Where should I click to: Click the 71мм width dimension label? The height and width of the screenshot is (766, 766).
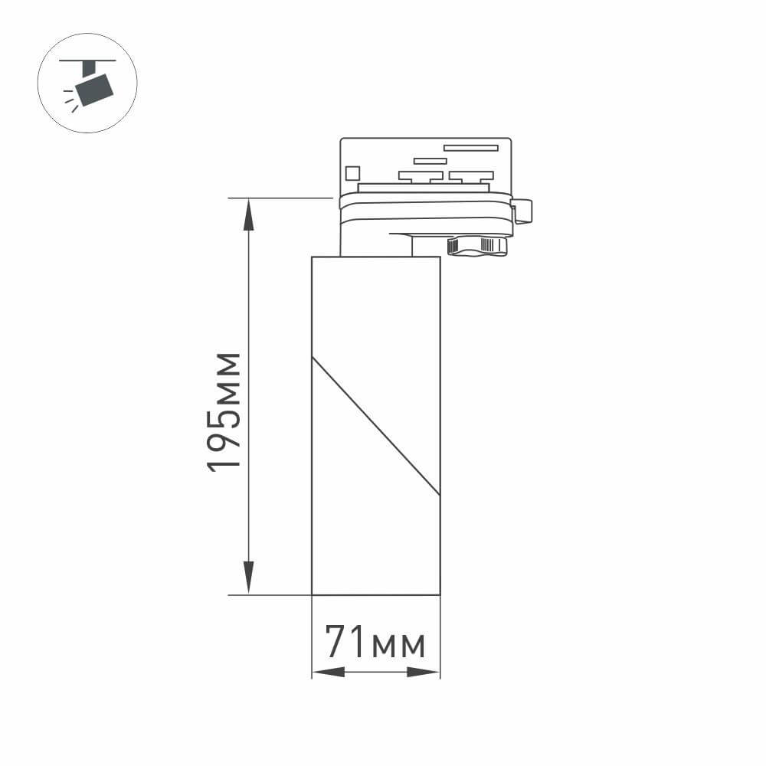pos(375,642)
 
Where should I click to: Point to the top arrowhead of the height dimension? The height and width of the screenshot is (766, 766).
pos(249,214)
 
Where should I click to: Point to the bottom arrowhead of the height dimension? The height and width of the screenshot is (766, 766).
pos(249,576)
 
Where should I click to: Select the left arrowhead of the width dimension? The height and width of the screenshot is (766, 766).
pos(329,672)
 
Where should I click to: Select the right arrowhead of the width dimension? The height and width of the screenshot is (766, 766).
pos(423,672)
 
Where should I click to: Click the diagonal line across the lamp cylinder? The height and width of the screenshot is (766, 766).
pos(375,426)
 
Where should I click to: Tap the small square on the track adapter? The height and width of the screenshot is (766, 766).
pos(352,173)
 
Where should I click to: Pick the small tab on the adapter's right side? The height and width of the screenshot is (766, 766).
pos(523,211)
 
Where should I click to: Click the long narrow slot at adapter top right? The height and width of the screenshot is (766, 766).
pos(470,148)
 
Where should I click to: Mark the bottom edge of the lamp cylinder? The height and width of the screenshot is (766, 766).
pos(375,594)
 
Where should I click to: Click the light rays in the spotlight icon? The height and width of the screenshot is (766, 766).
pos(70,99)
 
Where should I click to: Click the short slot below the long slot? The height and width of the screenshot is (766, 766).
pos(430,161)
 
